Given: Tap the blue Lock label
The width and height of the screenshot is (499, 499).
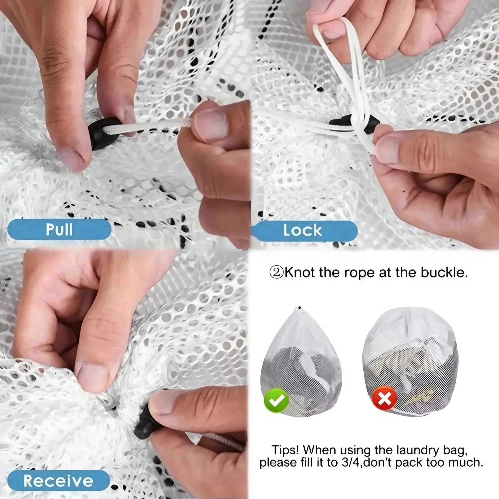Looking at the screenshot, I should (x=302, y=230).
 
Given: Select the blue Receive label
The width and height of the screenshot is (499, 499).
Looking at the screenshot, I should (x=58, y=480).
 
